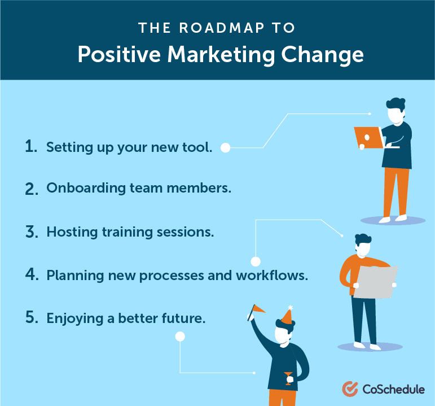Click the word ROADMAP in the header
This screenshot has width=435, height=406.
pos(222,28)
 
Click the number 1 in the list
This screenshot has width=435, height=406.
pos(31,146)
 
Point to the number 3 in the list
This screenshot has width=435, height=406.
pos(32,232)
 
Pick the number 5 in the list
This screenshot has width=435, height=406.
pos(32,317)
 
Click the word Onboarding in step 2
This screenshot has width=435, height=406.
pos(86,189)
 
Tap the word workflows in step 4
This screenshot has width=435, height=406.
pos(272,276)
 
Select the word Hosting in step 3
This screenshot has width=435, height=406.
pos(72,233)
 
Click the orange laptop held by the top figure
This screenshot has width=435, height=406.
pos(369,138)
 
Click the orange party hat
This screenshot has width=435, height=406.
pos(287,316)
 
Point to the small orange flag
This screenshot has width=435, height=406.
pos(258,308)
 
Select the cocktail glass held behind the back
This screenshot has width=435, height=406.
pos(288,378)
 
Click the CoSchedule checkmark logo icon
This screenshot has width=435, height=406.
pos(350,389)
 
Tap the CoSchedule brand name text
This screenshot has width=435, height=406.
pos(393,389)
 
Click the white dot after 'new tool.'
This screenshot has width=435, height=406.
pos(225,148)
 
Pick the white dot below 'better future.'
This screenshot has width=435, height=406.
pos(180,337)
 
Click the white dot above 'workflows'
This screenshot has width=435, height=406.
pos(256,261)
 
